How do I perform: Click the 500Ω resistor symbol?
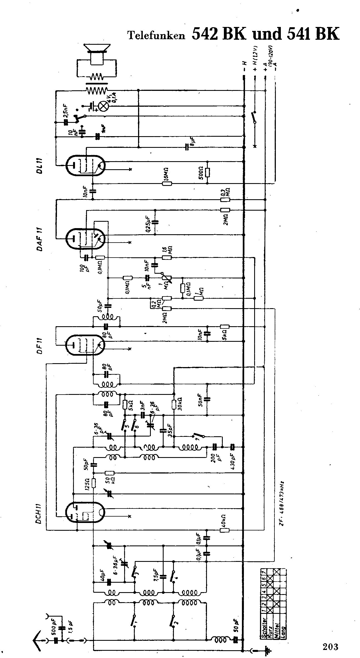(207, 173)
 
